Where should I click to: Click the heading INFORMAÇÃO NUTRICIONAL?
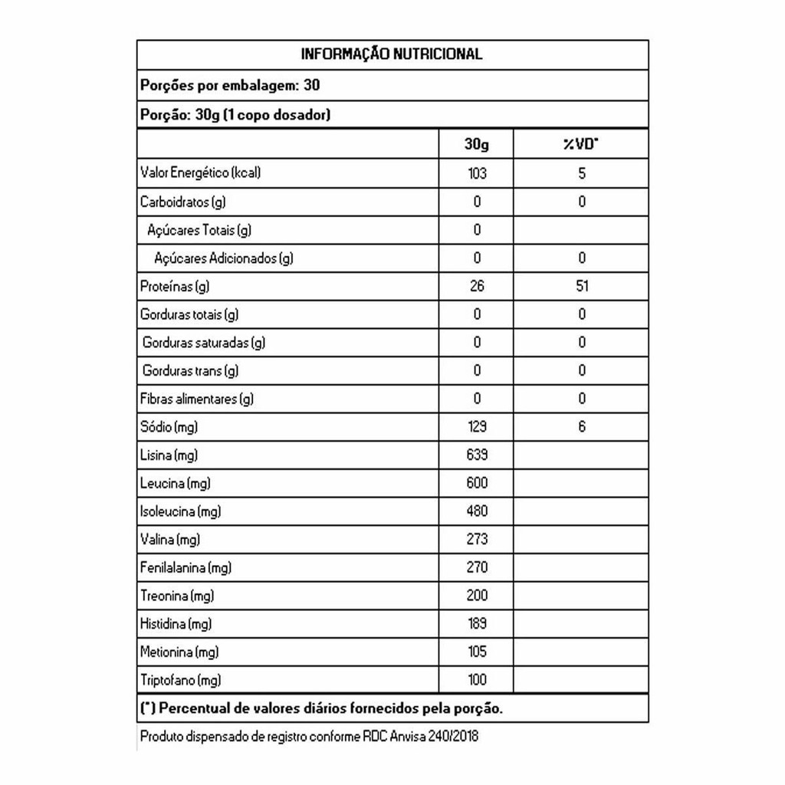pos(392,54)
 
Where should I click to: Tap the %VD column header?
pos(581,144)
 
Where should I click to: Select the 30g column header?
pos(477,144)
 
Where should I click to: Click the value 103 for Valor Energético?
pos(477,173)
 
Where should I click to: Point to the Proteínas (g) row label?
pos(175,287)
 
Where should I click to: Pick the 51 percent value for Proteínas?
pos(582,286)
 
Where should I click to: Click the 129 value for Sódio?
pos(477,427)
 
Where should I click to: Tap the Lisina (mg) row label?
pos(169,455)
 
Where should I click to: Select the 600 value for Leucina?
pos(477,483)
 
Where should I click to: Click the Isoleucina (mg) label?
pos(180,511)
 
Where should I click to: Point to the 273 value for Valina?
pos(477,540)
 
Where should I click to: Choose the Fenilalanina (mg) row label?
pos(186,568)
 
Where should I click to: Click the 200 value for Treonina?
pos(477,596)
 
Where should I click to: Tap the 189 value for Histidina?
pos(477,624)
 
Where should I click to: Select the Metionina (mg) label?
pos(179,652)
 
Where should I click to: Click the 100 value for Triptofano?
pos(477,680)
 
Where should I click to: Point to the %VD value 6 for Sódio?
pos(582,427)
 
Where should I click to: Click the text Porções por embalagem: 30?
pos(230,85)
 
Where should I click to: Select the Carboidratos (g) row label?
pos(182,202)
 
